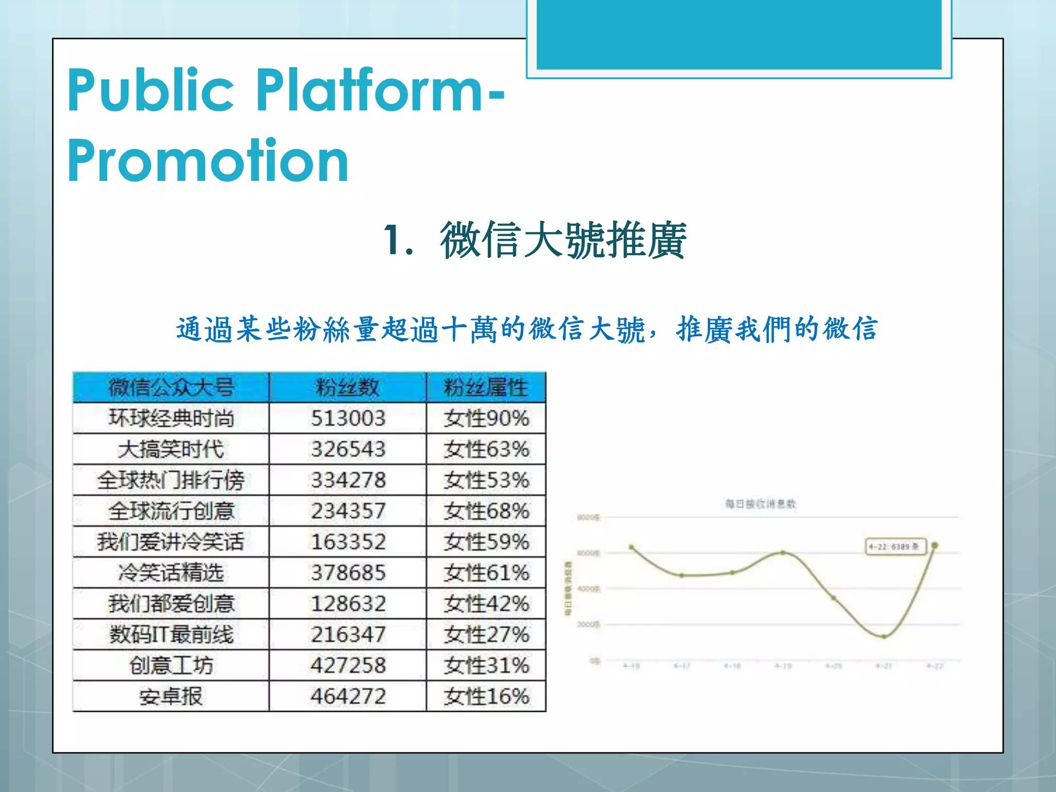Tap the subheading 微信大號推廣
coord(563,240)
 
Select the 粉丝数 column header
coord(348,387)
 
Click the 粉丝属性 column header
coord(486,387)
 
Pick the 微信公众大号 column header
coord(171,387)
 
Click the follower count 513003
coord(348,418)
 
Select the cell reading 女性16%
coord(486,697)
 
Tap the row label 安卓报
coord(171,697)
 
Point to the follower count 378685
coord(348,573)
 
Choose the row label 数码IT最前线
coord(171,635)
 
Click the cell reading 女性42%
coord(486,604)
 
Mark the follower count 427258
coord(348,666)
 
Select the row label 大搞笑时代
coord(171,449)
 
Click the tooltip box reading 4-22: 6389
coord(895,547)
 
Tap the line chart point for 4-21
coord(884,637)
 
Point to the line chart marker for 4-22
coord(934,545)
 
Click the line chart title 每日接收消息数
coord(761,504)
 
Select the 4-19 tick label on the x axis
coord(783,667)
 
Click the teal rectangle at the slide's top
coord(739,34)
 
